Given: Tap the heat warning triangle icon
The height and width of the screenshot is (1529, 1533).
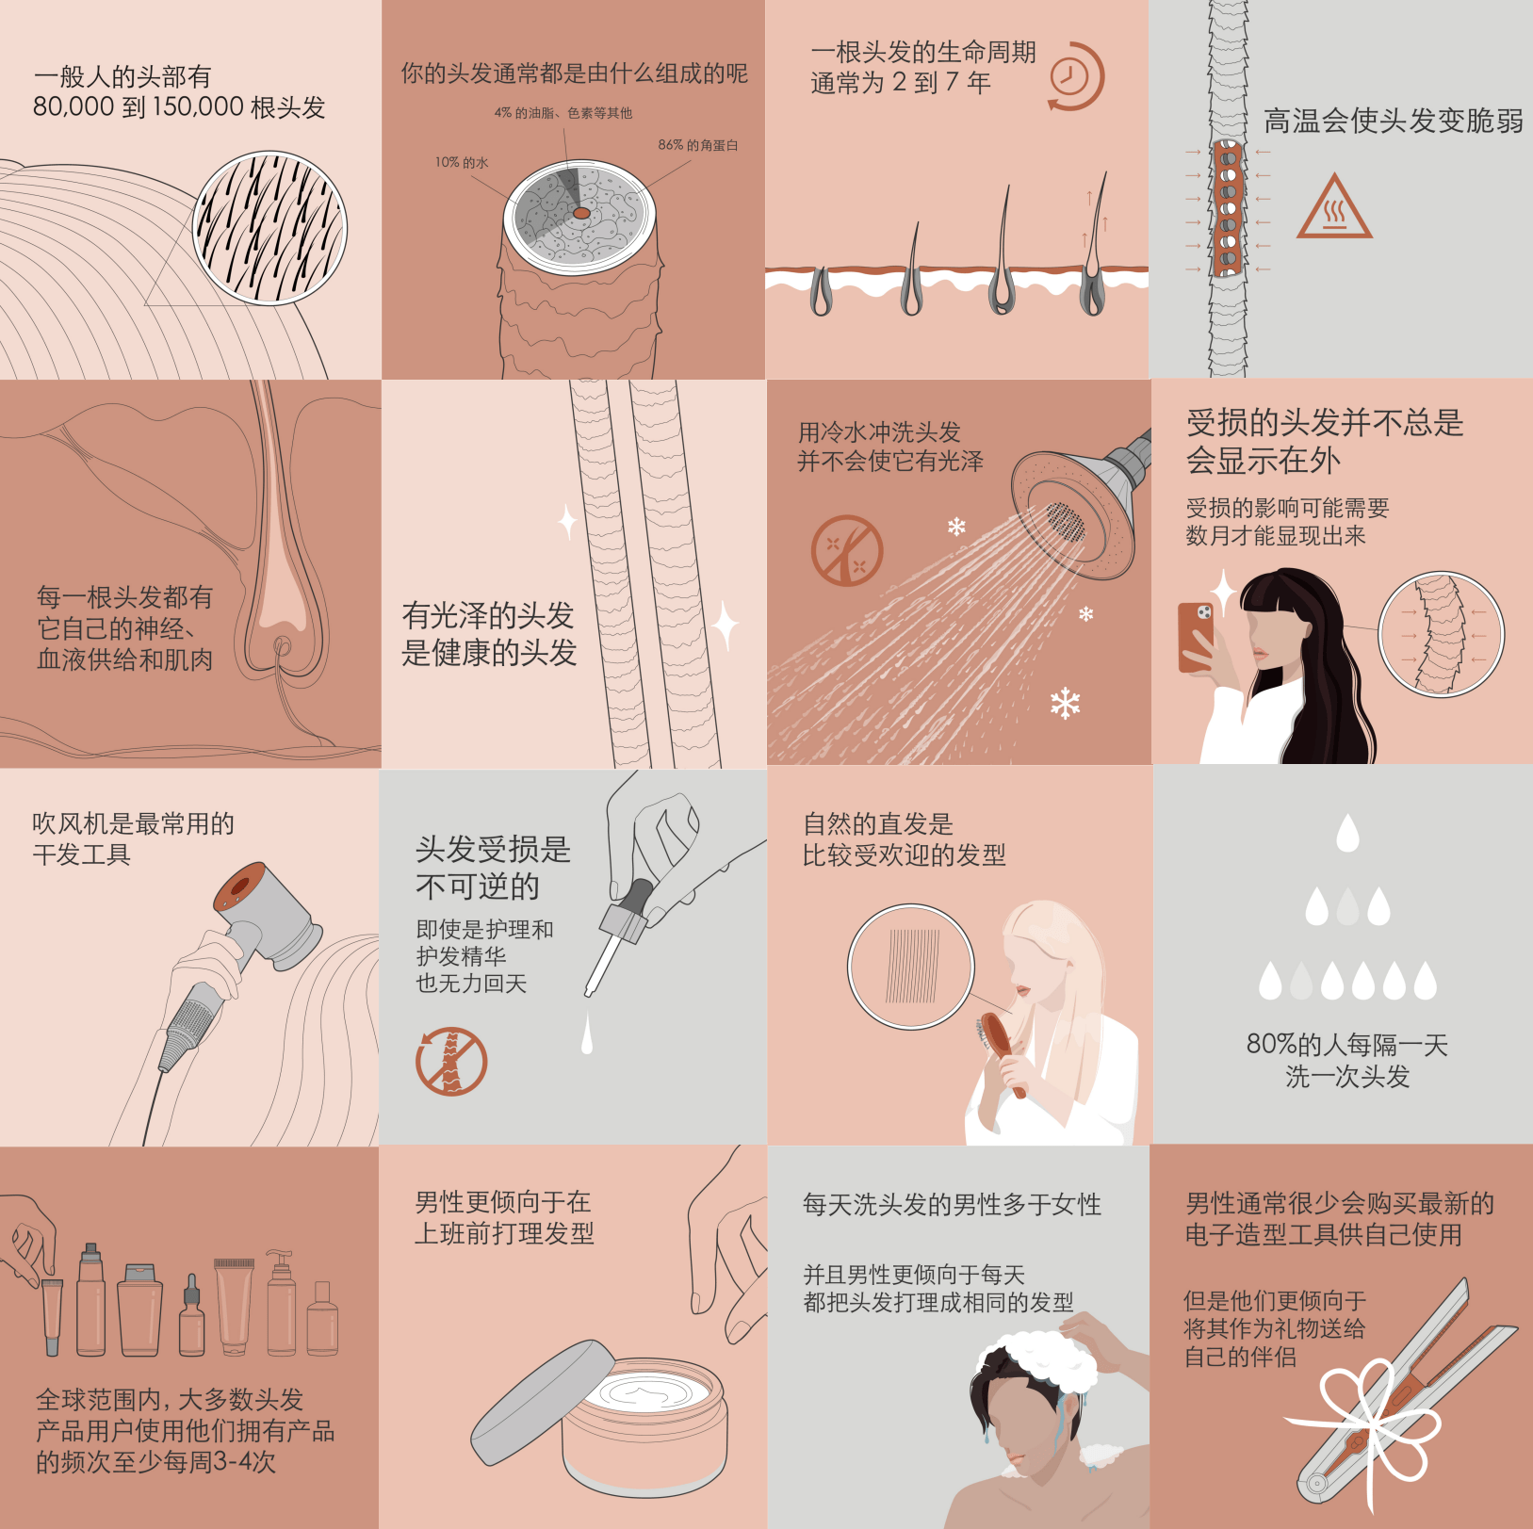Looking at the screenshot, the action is pyautogui.click(x=1333, y=206).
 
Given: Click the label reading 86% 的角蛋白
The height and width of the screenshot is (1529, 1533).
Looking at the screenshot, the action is pyautogui.click(x=698, y=145).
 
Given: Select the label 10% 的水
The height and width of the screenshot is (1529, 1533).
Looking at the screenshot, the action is pyautogui.click(x=462, y=162).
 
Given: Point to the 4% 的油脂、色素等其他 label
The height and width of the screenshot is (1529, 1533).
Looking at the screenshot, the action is pyautogui.click(x=563, y=113).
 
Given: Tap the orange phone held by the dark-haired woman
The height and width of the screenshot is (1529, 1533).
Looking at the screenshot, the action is pyautogui.click(x=1196, y=637).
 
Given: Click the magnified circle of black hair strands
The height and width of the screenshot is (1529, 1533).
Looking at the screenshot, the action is pyautogui.click(x=269, y=228).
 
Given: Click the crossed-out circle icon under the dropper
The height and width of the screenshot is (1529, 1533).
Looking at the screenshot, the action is pyautogui.click(x=451, y=1062).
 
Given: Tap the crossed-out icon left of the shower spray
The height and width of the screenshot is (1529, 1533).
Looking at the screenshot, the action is pyautogui.click(x=847, y=550).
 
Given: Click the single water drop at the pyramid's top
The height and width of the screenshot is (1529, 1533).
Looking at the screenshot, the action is pyautogui.click(x=1348, y=833).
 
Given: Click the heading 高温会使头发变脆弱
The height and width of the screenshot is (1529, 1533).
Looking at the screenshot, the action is pyautogui.click(x=1394, y=121).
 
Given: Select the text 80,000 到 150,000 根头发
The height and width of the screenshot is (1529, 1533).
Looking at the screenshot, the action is pyautogui.click(x=179, y=106).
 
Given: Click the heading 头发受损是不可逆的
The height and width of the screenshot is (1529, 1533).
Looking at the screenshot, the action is pyautogui.click(x=494, y=868).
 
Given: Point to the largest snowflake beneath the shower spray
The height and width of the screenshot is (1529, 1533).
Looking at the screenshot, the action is pyautogui.click(x=1066, y=704).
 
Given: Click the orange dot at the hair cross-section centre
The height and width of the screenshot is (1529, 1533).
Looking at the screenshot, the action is pyautogui.click(x=582, y=214).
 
